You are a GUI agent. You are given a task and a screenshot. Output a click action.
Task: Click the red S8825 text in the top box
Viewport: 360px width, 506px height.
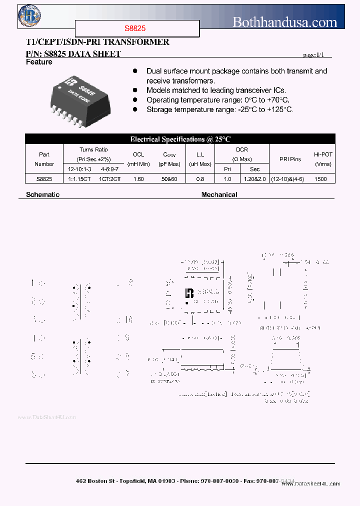pyautogui.click(x=135, y=29)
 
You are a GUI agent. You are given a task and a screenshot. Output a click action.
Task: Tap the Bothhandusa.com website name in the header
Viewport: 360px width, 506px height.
pyautogui.click(x=285, y=22)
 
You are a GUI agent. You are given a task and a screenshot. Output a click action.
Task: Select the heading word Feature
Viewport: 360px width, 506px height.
pyautogui.click(x=39, y=62)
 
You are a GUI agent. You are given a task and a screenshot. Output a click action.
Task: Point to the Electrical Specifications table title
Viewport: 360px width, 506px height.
pyautogui.click(x=180, y=139)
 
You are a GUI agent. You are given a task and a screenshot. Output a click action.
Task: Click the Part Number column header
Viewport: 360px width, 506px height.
pyautogui.click(x=44, y=159)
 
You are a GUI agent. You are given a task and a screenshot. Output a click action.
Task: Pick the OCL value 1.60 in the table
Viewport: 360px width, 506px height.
pyautogui.click(x=138, y=178)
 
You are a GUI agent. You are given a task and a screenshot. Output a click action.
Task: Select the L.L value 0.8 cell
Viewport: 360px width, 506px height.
pyautogui.click(x=200, y=178)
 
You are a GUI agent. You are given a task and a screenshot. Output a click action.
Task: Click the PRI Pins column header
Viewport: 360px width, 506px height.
pyautogui.click(x=290, y=159)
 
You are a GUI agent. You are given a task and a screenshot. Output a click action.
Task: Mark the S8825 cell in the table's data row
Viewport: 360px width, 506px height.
pyautogui.click(x=44, y=178)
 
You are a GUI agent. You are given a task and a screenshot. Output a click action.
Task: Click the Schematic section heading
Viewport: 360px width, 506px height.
pyautogui.click(x=42, y=194)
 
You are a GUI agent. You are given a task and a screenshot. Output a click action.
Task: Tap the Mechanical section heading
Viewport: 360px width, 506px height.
pyautogui.click(x=219, y=194)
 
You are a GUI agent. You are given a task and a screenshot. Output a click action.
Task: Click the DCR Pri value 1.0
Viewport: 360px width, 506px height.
pyautogui.click(x=227, y=178)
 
